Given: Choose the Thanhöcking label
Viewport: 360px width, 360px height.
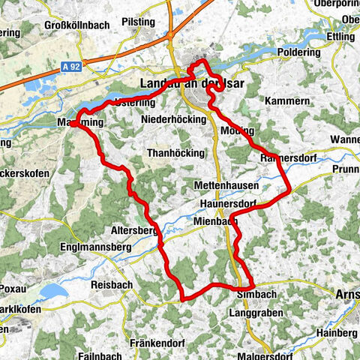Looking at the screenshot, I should [175, 152].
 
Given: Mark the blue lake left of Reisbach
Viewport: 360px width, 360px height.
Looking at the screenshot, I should [52, 291].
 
